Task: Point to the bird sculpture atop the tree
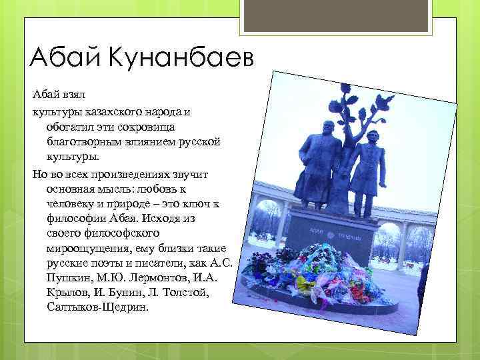(384, 100)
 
